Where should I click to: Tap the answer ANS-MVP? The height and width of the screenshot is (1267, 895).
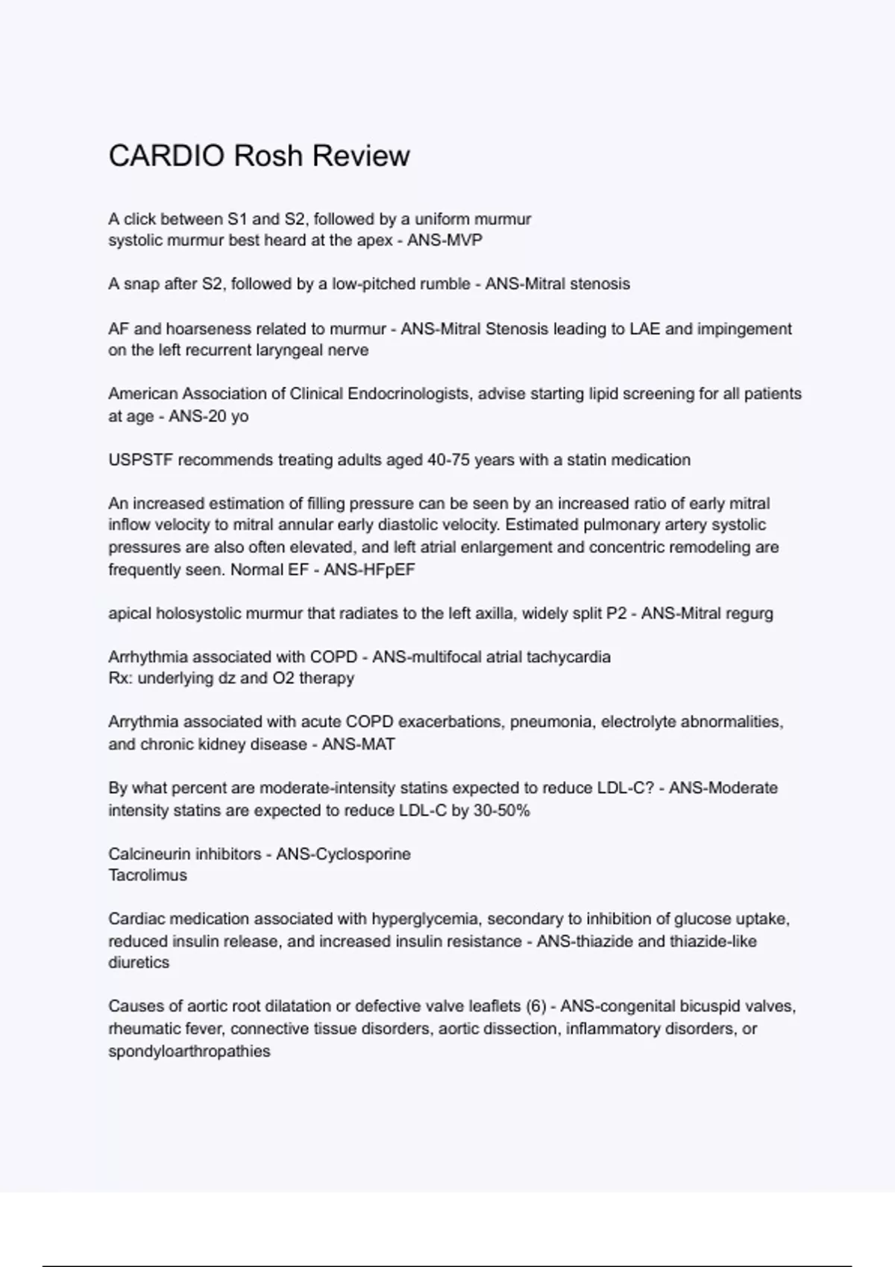[x=445, y=241]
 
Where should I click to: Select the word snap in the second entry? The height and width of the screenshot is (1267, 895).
[x=142, y=284]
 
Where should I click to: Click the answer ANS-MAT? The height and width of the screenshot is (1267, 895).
[x=358, y=744]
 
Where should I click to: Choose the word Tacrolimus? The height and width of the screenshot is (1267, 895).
[x=148, y=876]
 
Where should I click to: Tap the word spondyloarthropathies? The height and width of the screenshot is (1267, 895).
[x=189, y=1052]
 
